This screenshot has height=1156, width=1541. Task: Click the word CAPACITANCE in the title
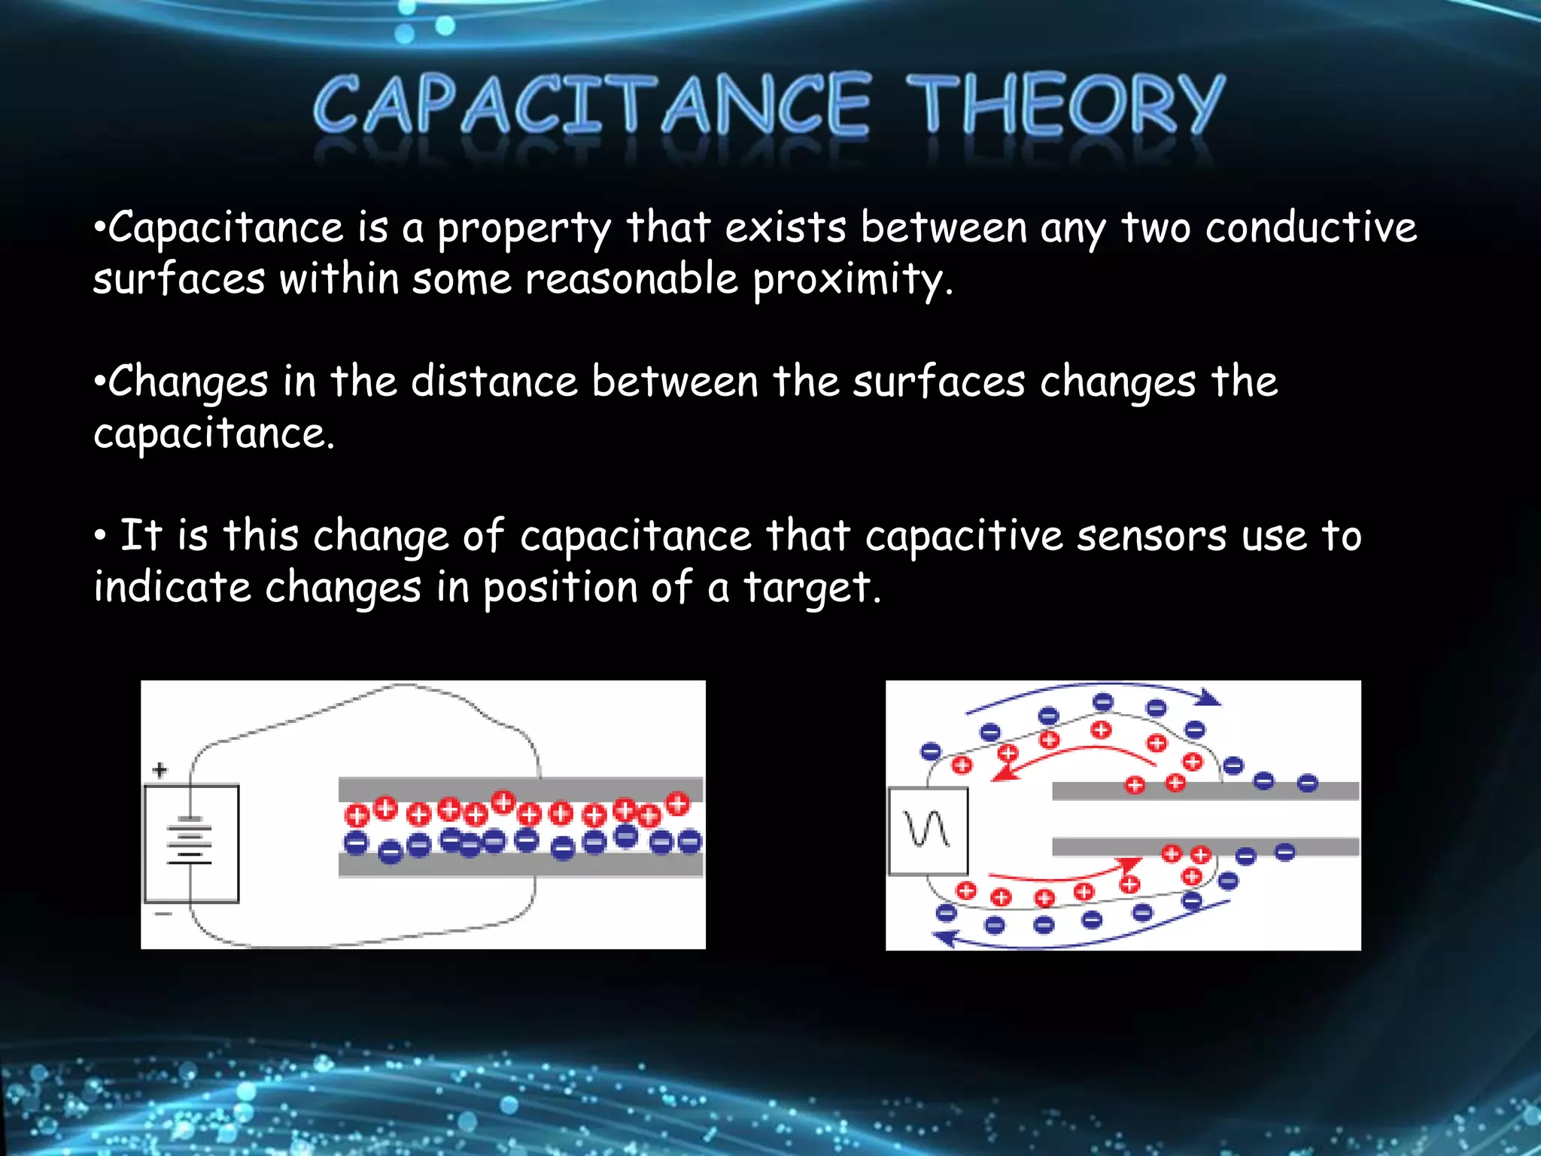pyautogui.click(x=592, y=105)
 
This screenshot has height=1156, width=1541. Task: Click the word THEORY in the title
pyautogui.click(x=1065, y=105)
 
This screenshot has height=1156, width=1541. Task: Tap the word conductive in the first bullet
pyautogui.click(x=1311, y=227)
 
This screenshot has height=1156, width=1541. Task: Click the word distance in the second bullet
pyautogui.click(x=494, y=381)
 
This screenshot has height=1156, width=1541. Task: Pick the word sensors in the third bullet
pyautogui.click(x=1151, y=536)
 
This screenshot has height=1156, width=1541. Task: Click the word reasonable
pyautogui.click(x=631, y=279)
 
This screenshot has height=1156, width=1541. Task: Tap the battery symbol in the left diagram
pyautogui.click(x=190, y=841)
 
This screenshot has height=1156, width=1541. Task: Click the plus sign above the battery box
pyautogui.click(x=160, y=770)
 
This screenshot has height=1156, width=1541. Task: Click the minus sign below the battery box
pyautogui.click(x=163, y=914)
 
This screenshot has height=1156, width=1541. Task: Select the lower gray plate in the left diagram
pyautogui.click(x=519, y=866)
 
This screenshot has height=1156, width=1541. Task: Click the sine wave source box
pyautogui.click(x=928, y=831)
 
